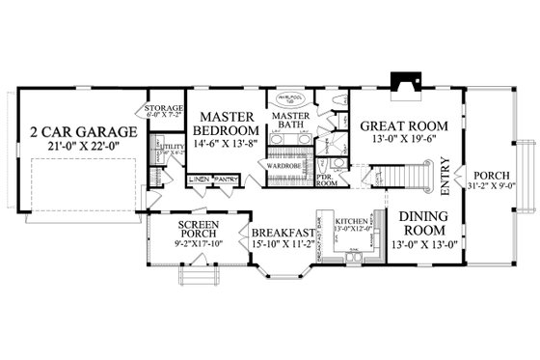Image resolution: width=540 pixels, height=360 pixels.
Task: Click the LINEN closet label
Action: point(199,179)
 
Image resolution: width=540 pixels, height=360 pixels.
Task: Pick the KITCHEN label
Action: point(349,221)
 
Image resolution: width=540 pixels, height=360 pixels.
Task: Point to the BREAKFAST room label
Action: point(281,233)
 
